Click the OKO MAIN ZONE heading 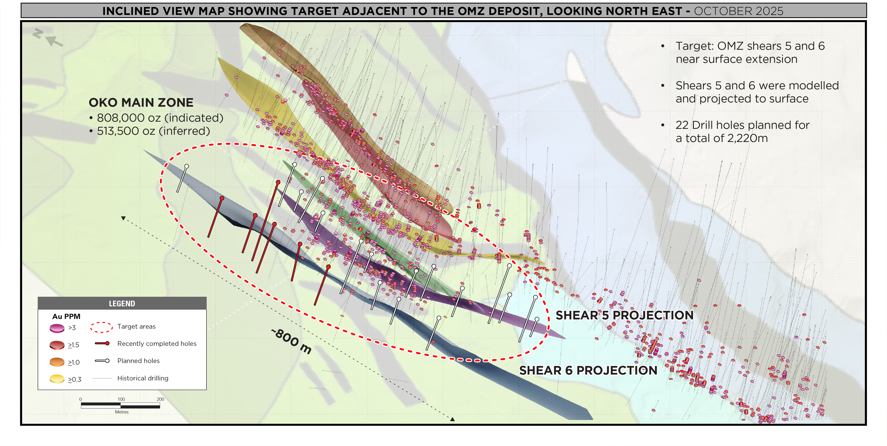(x=141, y=103)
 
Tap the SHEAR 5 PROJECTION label (x=624, y=315)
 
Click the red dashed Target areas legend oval (x=101, y=327)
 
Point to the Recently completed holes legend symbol (x=102, y=343)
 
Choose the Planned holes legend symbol (x=102, y=361)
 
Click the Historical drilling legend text (x=142, y=378)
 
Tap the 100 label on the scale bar (x=121, y=399)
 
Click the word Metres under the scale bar (x=121, y=412)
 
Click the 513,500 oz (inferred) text (x=153, y=131)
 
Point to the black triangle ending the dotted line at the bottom (x=453, y=419)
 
